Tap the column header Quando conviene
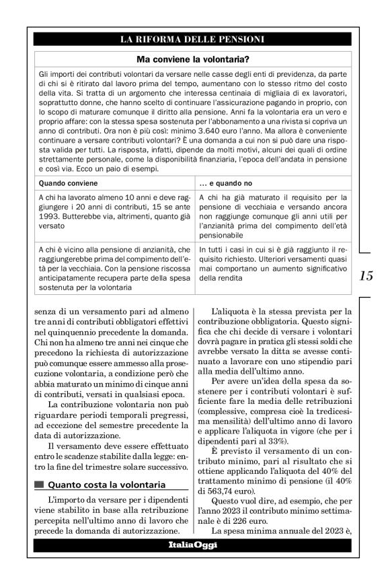(x=69, y=182)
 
